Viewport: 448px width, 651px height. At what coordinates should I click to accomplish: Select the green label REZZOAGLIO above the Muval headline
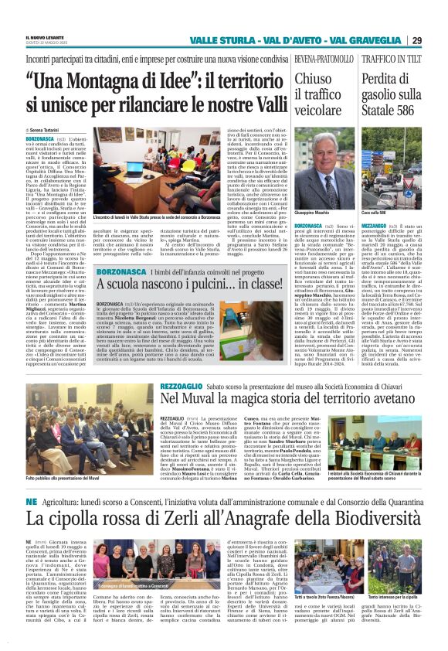point(181,384)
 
